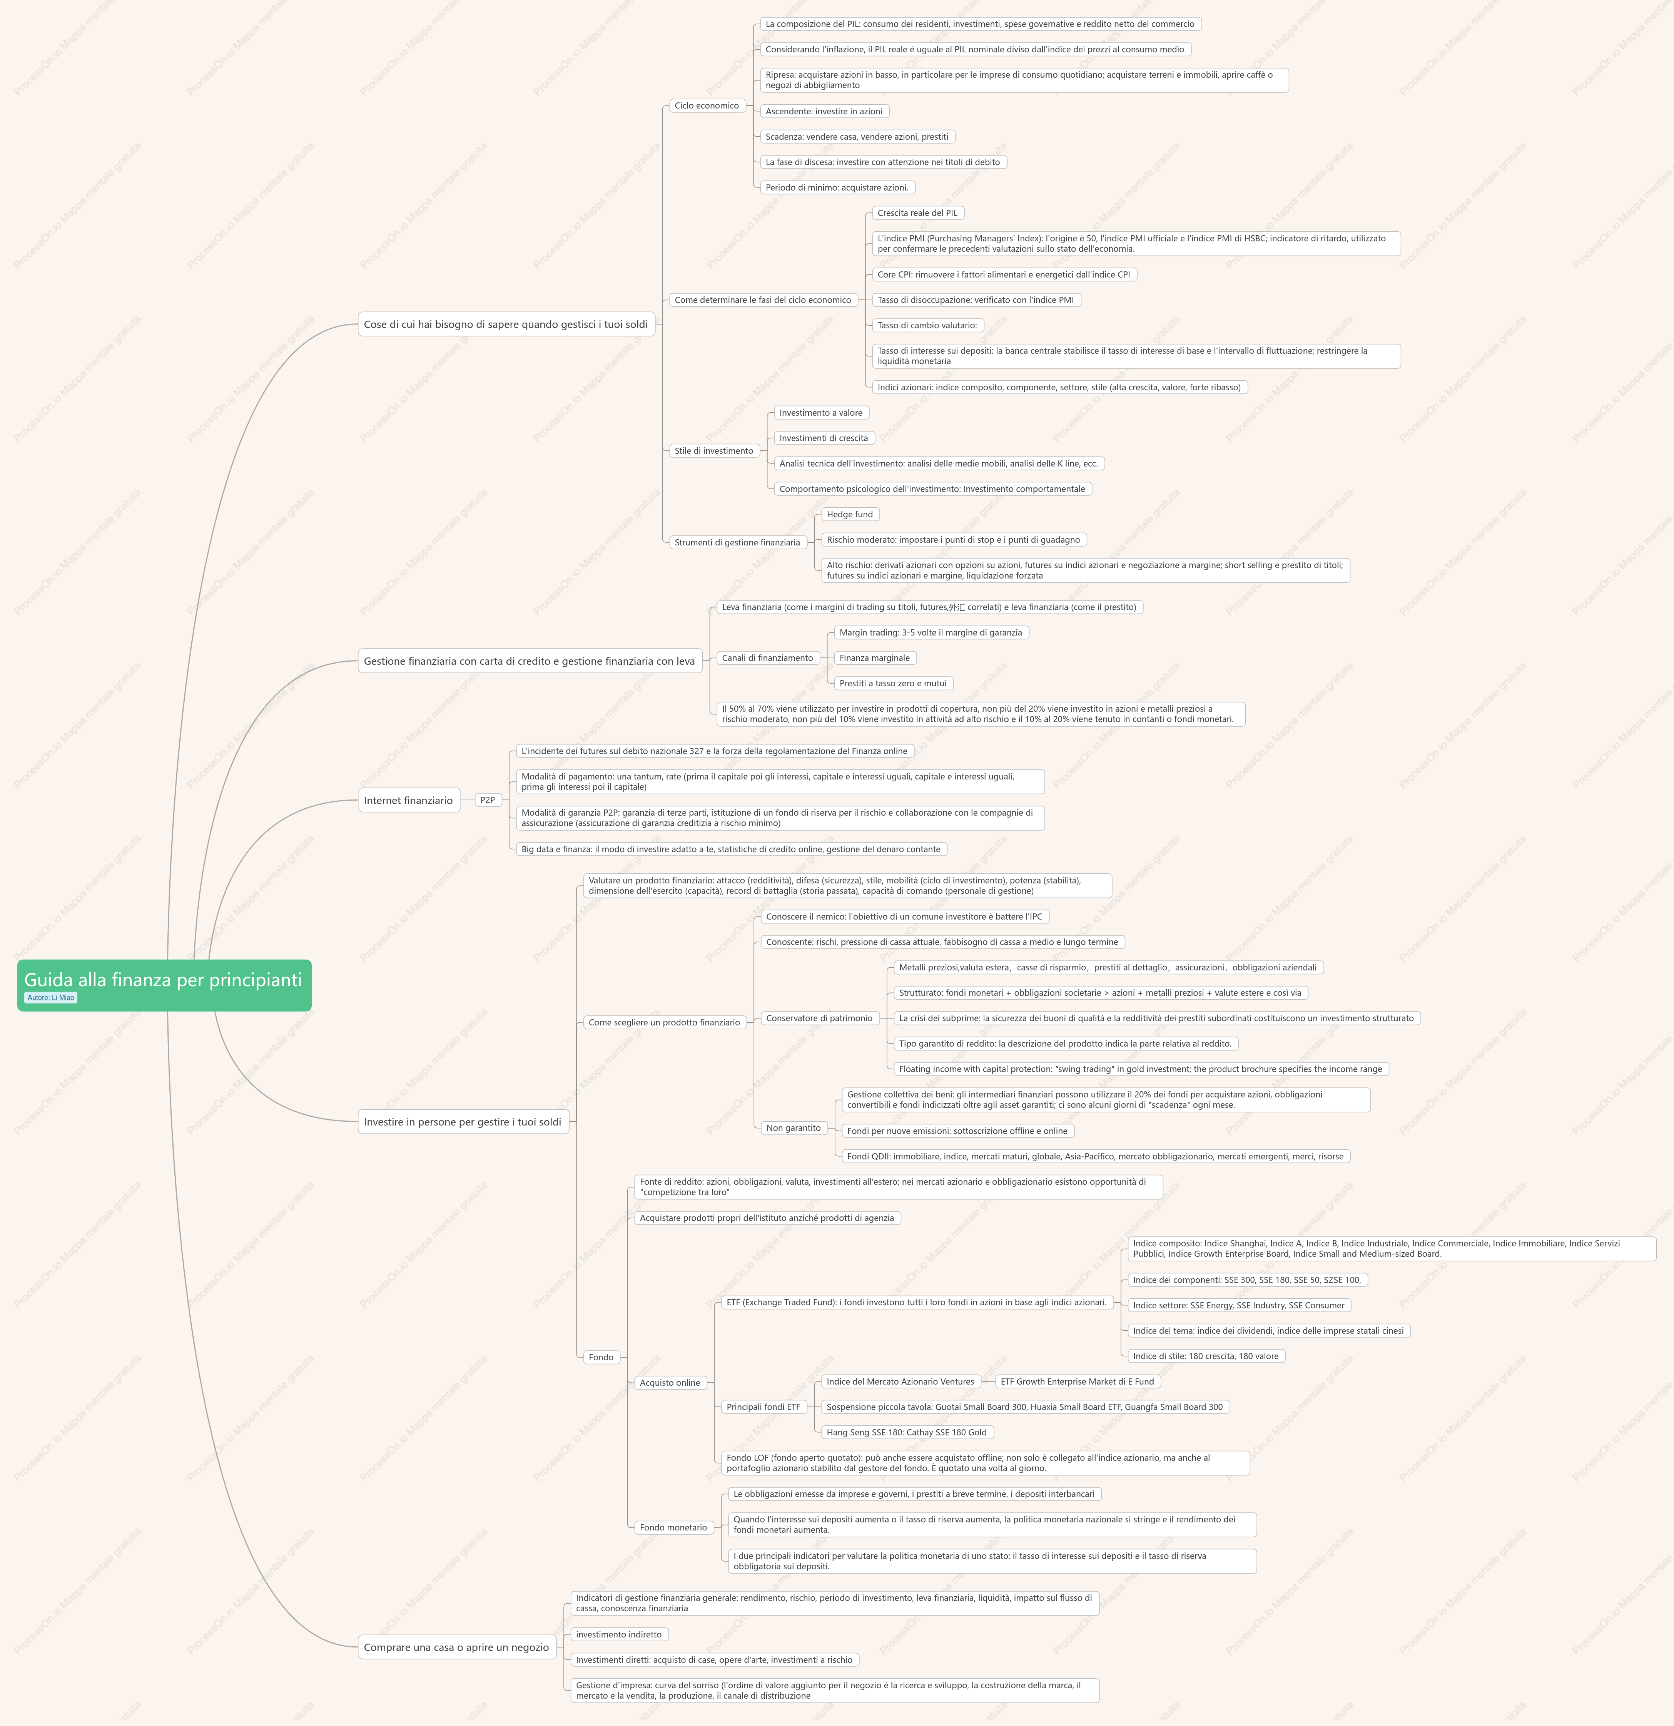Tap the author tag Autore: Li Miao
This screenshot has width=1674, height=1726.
[51, 998]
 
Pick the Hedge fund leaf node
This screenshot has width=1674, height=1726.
[850, 514]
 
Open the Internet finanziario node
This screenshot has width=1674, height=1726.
[409, 801]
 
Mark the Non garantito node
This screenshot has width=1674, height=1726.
[794, 1128]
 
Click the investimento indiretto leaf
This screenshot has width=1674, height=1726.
[619, 1634]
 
